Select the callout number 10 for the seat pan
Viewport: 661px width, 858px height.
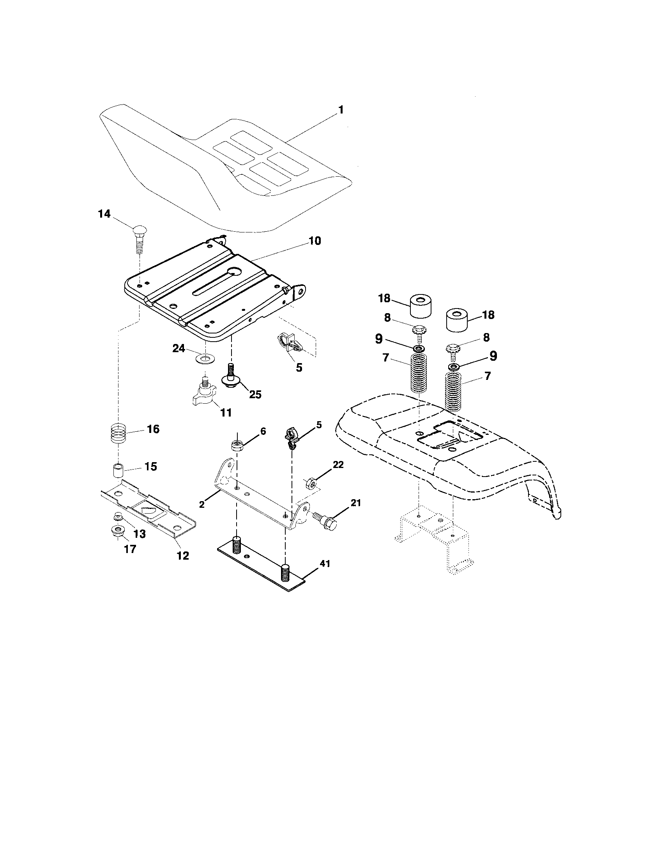coord(314,240)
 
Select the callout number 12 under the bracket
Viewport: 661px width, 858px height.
coord(183,555)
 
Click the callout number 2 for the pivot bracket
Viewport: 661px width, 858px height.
coord(202,505)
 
